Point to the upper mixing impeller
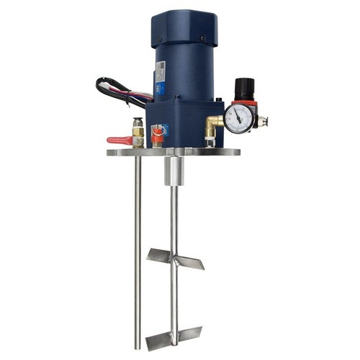tap(175, 257)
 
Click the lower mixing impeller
tap(174, 334)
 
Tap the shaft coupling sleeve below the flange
tap(174, 171)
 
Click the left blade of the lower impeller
tap(158, 340)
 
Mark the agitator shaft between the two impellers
tap(173, 295)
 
